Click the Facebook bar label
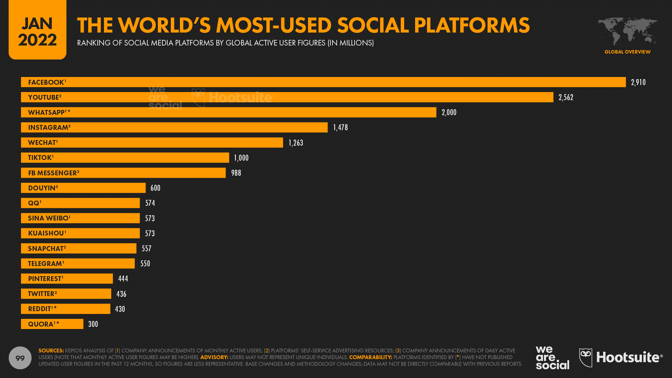tap(46, 82)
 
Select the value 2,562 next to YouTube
tap(566, 97)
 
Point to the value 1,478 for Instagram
tap(340, 127)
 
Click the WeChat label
tap(42, 142)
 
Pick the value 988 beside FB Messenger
tap(236, 173)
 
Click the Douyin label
tap(42, 188)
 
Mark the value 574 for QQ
tap(150, 203)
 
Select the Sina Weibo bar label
tap(49, 218)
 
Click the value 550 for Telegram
tap(145, 264)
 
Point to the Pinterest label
tap(45, 279)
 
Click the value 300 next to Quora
tap(93, 324)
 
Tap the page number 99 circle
tap(20, 358)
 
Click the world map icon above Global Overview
tap(627, 31)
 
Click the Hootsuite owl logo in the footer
tap(586, 357)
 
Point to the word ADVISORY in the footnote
tap(214, 357)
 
